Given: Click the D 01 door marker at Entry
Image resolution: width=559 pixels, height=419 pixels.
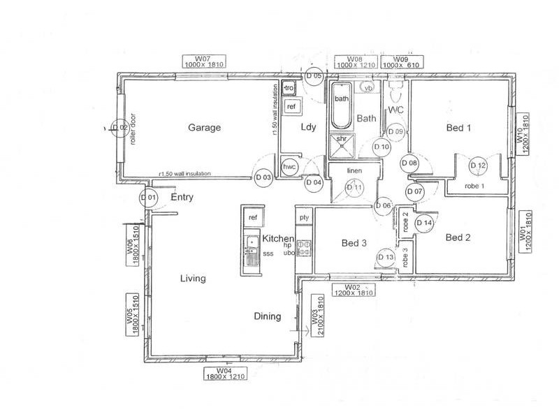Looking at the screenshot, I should pos(148,198).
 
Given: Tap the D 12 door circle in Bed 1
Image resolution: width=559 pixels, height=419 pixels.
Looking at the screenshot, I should pos(478,166).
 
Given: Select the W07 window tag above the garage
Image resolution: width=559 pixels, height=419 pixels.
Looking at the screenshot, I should pos(203,61).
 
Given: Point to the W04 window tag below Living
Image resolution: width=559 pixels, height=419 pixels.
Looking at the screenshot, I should pos(224,373).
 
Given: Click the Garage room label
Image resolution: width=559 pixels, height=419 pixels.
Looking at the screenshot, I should pos(204,128).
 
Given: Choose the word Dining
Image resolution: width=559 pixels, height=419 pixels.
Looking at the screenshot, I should pos(267,316).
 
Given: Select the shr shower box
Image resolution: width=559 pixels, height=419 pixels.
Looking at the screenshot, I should pos(342,140).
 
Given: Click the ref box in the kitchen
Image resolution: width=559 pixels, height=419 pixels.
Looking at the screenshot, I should pos(252,218).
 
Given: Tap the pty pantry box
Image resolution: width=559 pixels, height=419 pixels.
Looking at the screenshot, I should pos(304,218).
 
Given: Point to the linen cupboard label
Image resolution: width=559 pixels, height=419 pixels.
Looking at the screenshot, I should pos(354,170).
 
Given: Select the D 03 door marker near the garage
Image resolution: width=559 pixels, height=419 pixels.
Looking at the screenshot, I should pos(263,178).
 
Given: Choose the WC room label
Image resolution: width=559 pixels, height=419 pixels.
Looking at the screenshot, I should pos(395,110).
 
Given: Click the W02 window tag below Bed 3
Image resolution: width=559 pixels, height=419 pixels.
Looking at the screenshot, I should pos(353,290).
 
